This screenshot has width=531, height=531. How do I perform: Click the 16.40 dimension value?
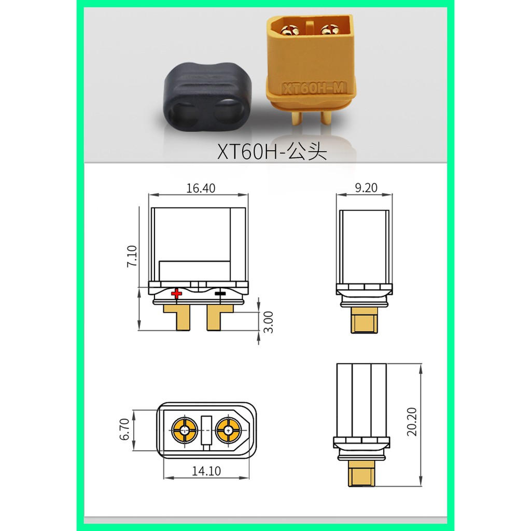(x=201, y=188)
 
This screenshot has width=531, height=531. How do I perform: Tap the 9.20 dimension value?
(x=366, y=188)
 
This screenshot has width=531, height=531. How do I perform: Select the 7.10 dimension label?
(x=132, y=256)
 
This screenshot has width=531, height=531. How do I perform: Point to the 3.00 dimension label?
(x=268, y=322)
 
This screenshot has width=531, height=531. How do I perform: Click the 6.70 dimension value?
(x=124, y=429)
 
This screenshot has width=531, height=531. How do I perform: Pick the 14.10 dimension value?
(x=206, y=471)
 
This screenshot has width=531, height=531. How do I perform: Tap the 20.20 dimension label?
(x=412, y=422)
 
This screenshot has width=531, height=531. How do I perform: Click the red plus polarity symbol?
(x=176, y=294)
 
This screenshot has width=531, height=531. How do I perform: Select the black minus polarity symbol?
(x=220, y=294)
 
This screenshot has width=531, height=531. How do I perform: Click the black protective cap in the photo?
(x=207, y=96)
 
